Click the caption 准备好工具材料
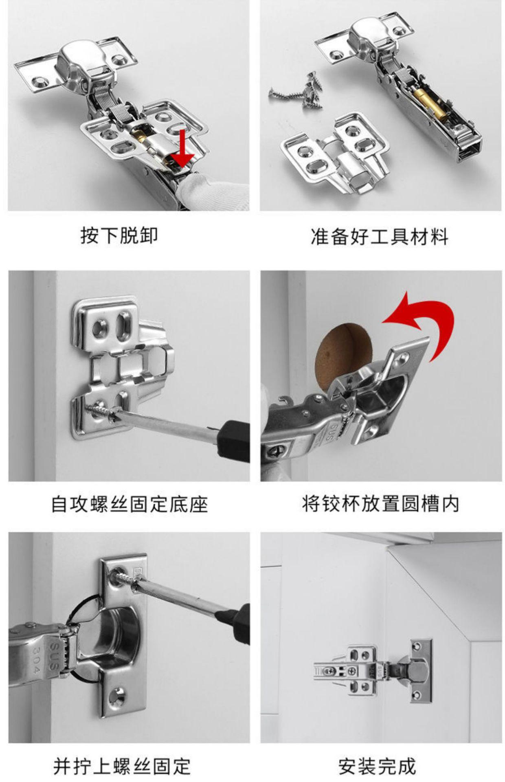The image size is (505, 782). point(380,237)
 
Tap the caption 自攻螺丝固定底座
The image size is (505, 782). point(130,504)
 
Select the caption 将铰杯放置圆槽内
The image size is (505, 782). point(381,504)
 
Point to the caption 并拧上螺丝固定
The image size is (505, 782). point(122,766)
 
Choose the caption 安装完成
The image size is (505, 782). point(377,766)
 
